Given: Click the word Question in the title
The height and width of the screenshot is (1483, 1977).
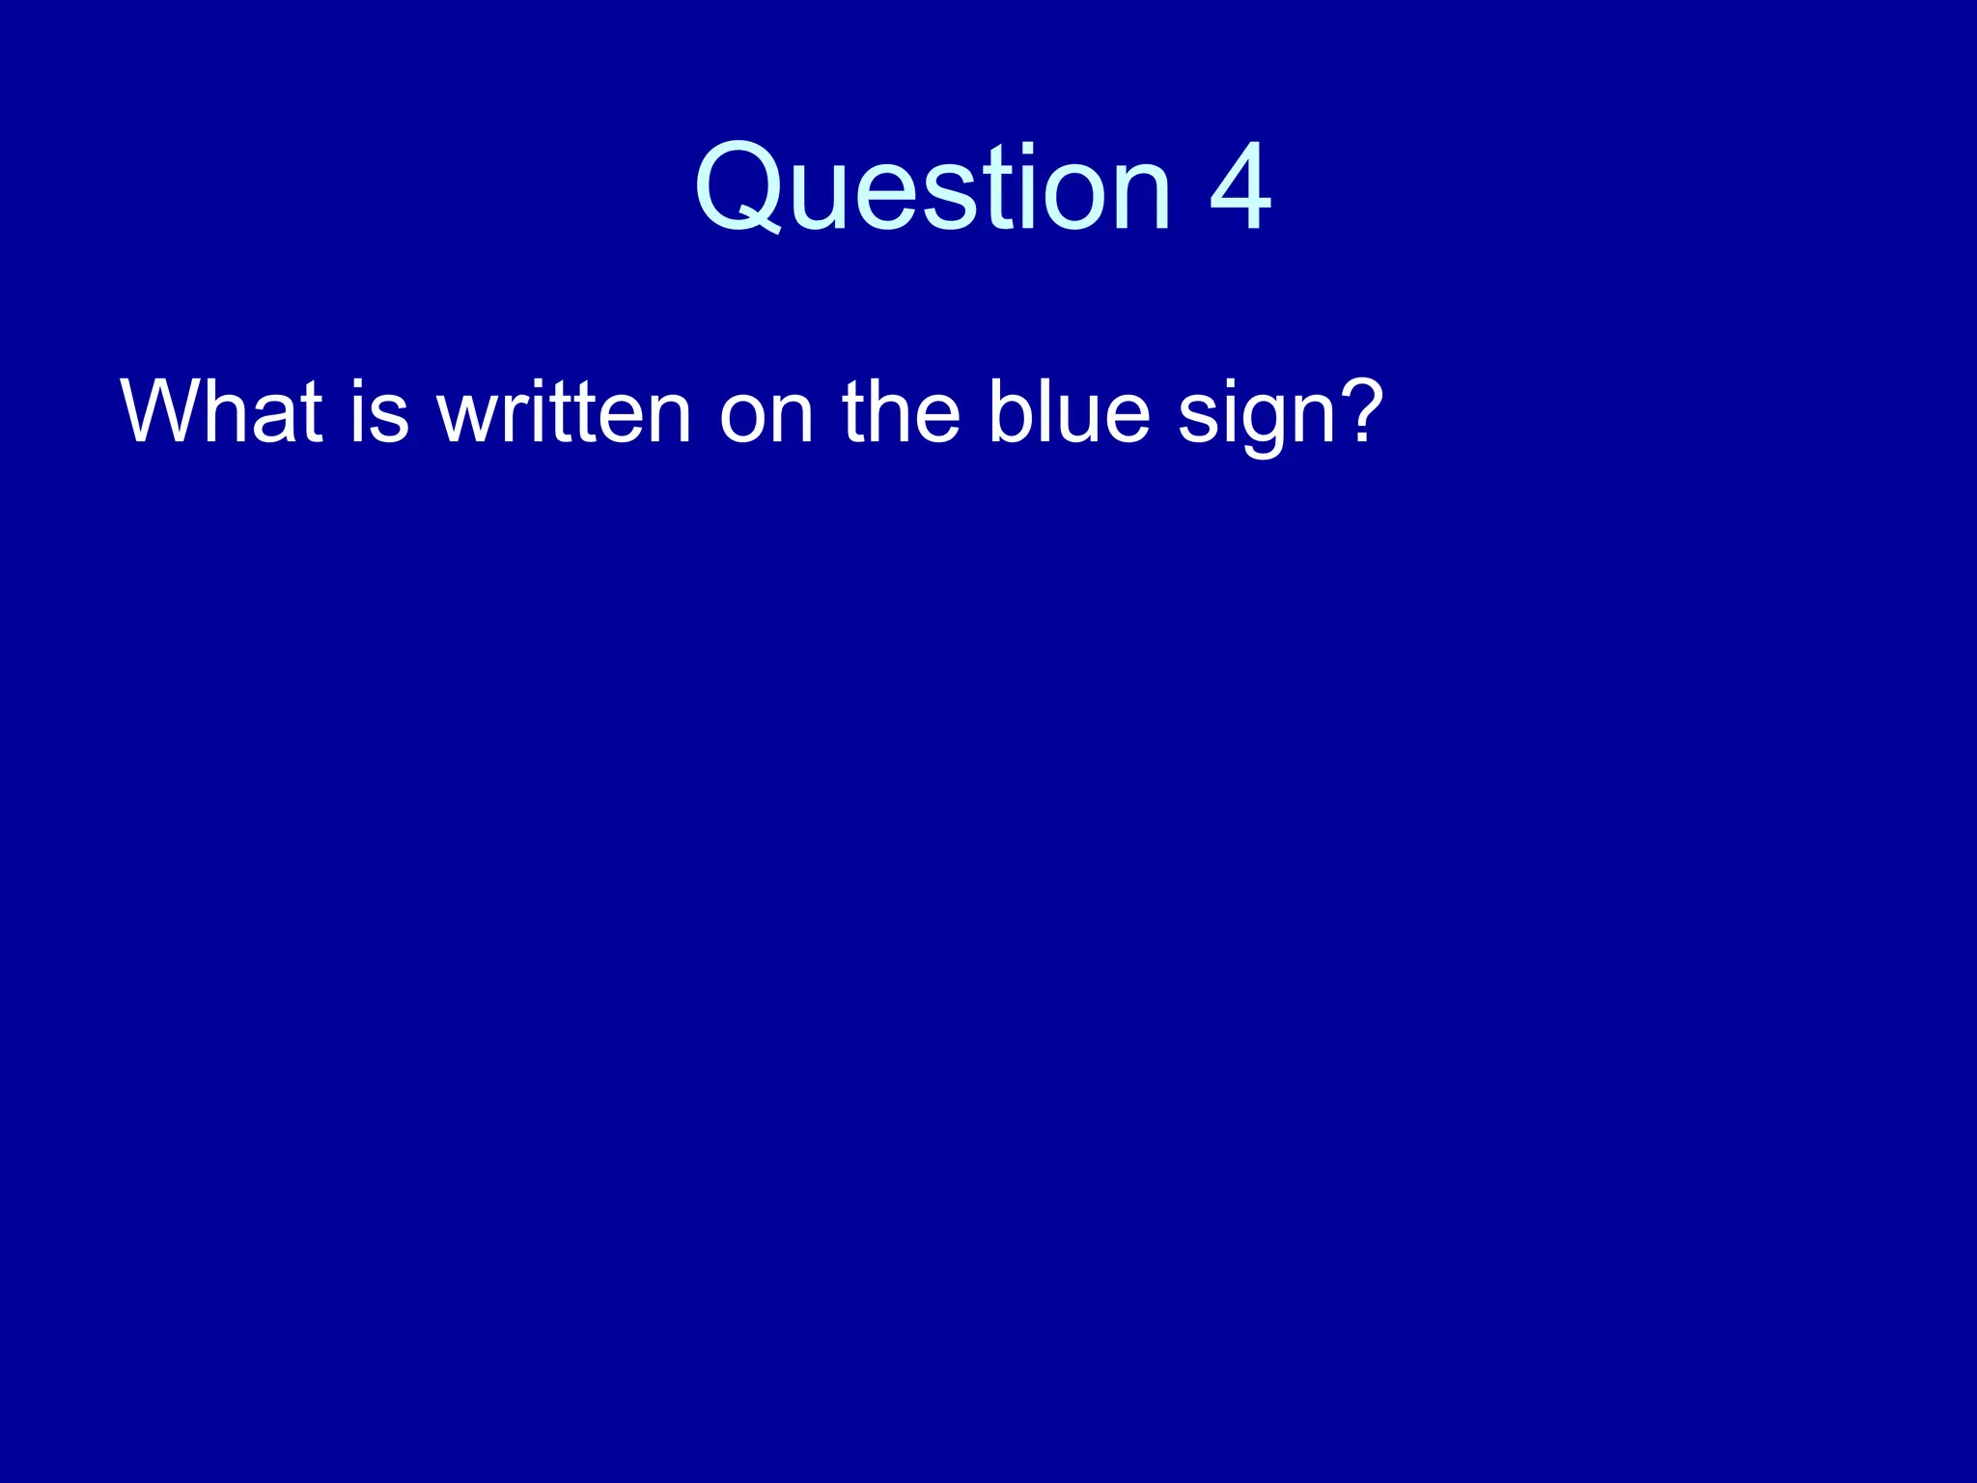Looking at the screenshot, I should (933, 187).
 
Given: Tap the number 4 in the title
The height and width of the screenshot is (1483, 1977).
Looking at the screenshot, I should (1239, 187).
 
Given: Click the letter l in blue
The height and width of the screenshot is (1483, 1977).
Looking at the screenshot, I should (1044, 411).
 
